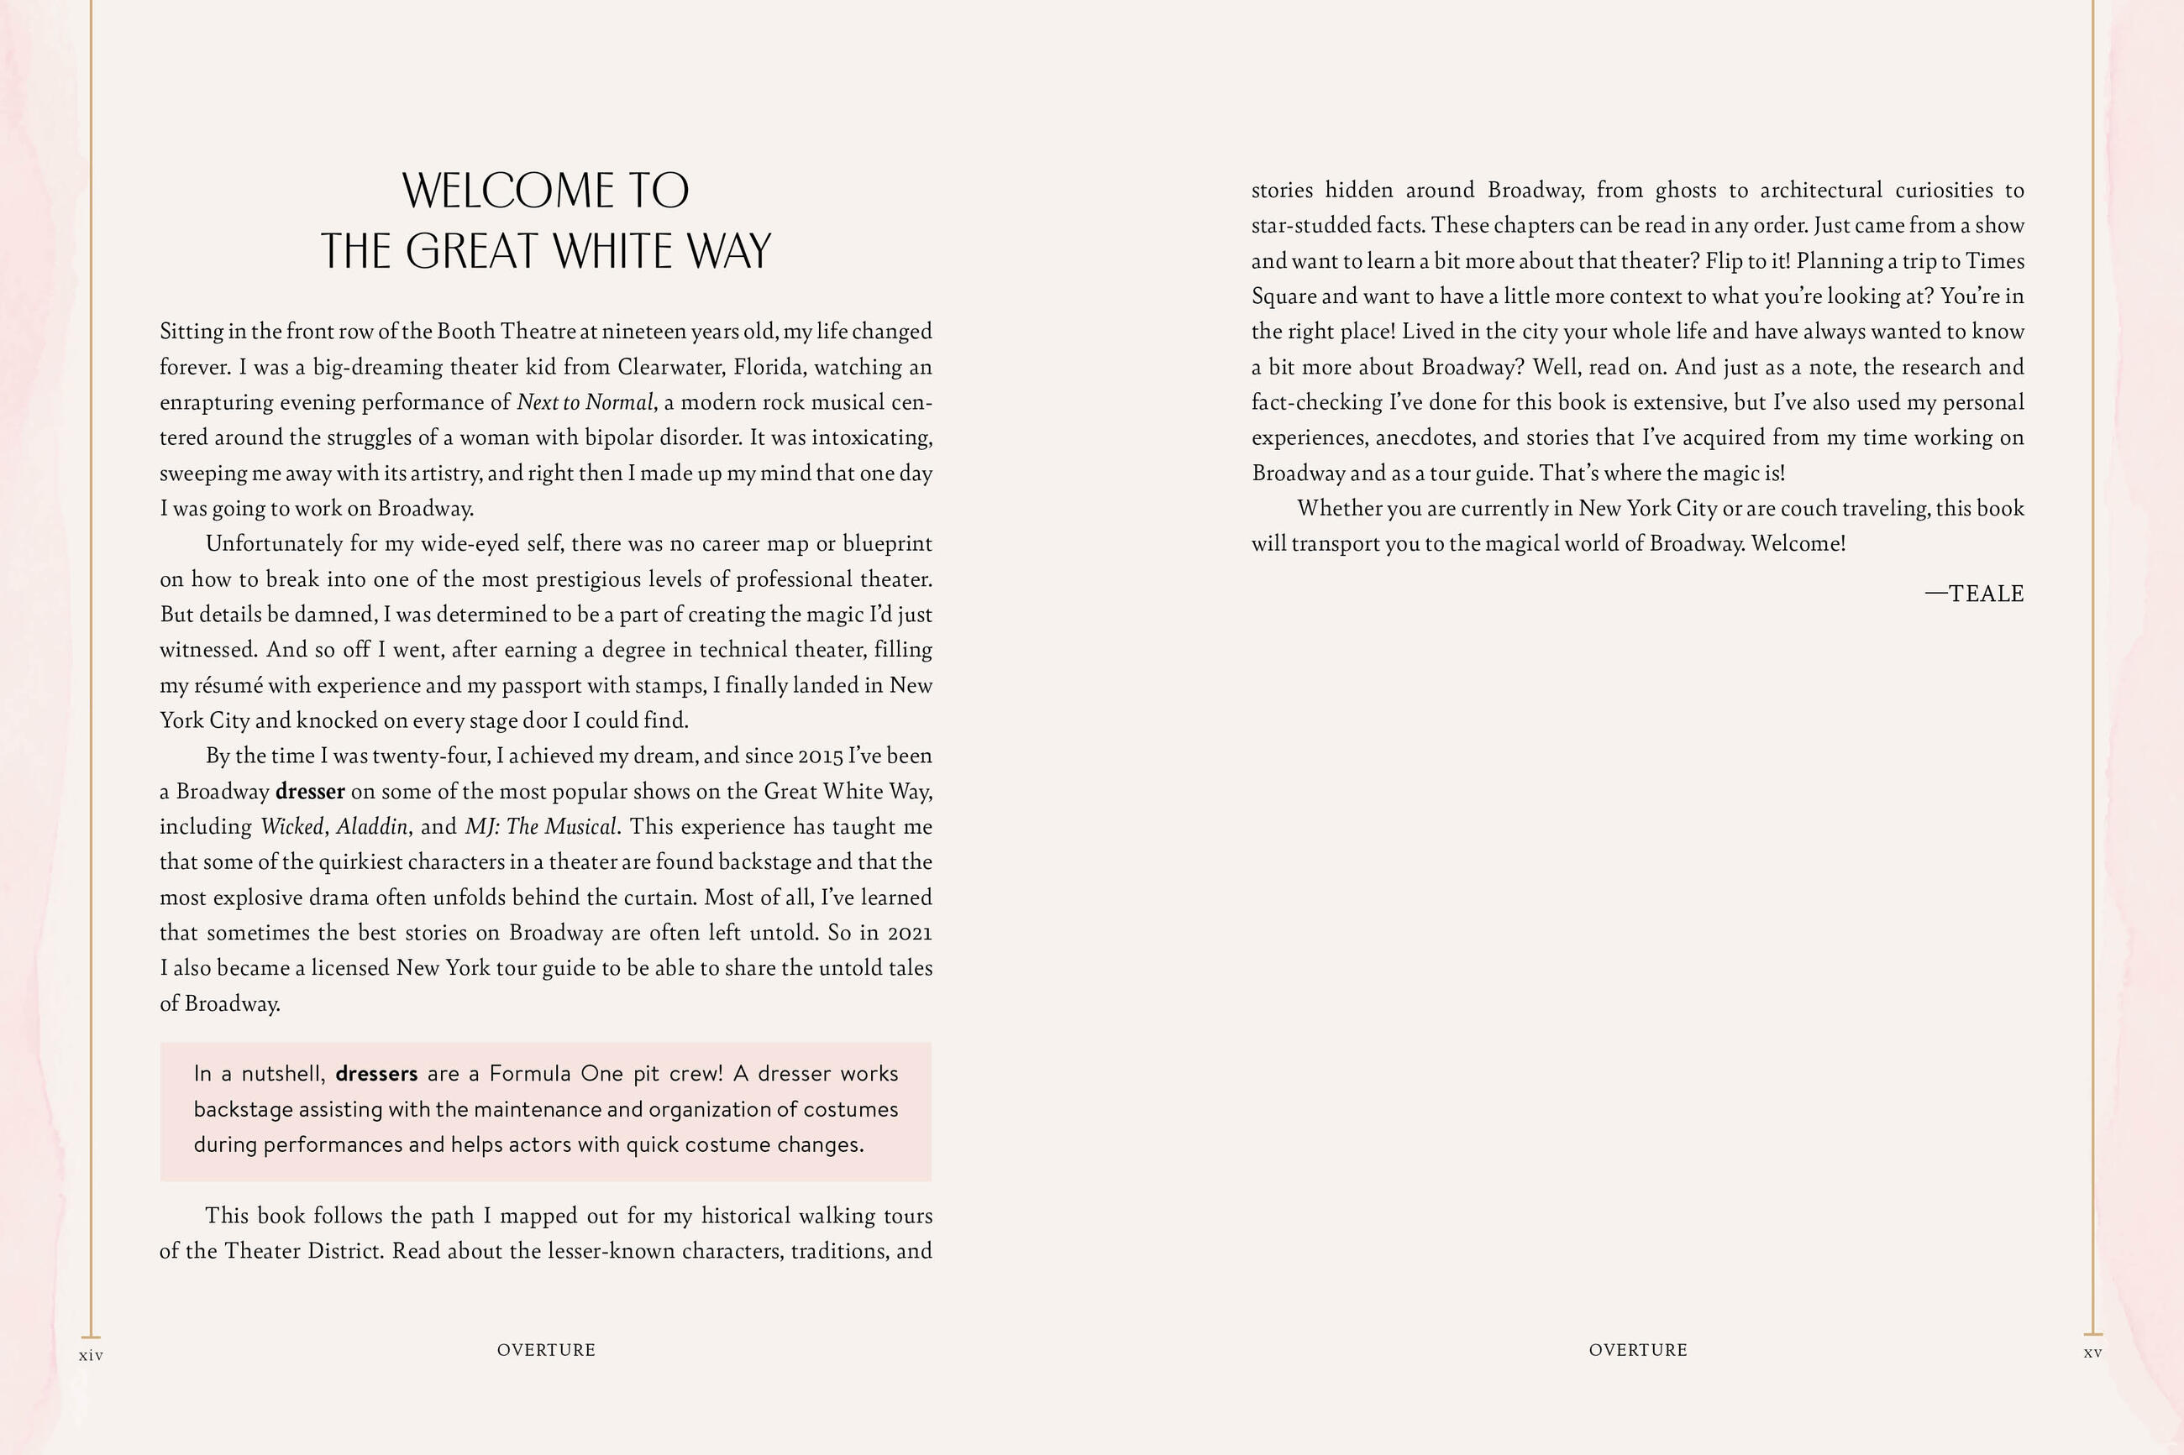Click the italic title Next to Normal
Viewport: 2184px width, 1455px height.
[x=585, y=403]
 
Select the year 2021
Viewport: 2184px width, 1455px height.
[x=910, y=934]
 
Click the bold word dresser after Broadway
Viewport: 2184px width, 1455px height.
[x=310, y=792]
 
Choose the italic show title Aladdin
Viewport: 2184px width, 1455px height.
[x=371, y=827]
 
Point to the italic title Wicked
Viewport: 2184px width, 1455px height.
[x=291, y=827]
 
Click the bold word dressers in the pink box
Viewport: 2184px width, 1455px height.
[x=376, y=1074]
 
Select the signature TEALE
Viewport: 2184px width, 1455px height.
[x=1986, y=594]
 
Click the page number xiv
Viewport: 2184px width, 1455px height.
[x=91, y=1356]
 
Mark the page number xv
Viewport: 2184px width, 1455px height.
[x=2093, y=1353]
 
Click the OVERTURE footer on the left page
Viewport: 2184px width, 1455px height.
[x=546, y=1350]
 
